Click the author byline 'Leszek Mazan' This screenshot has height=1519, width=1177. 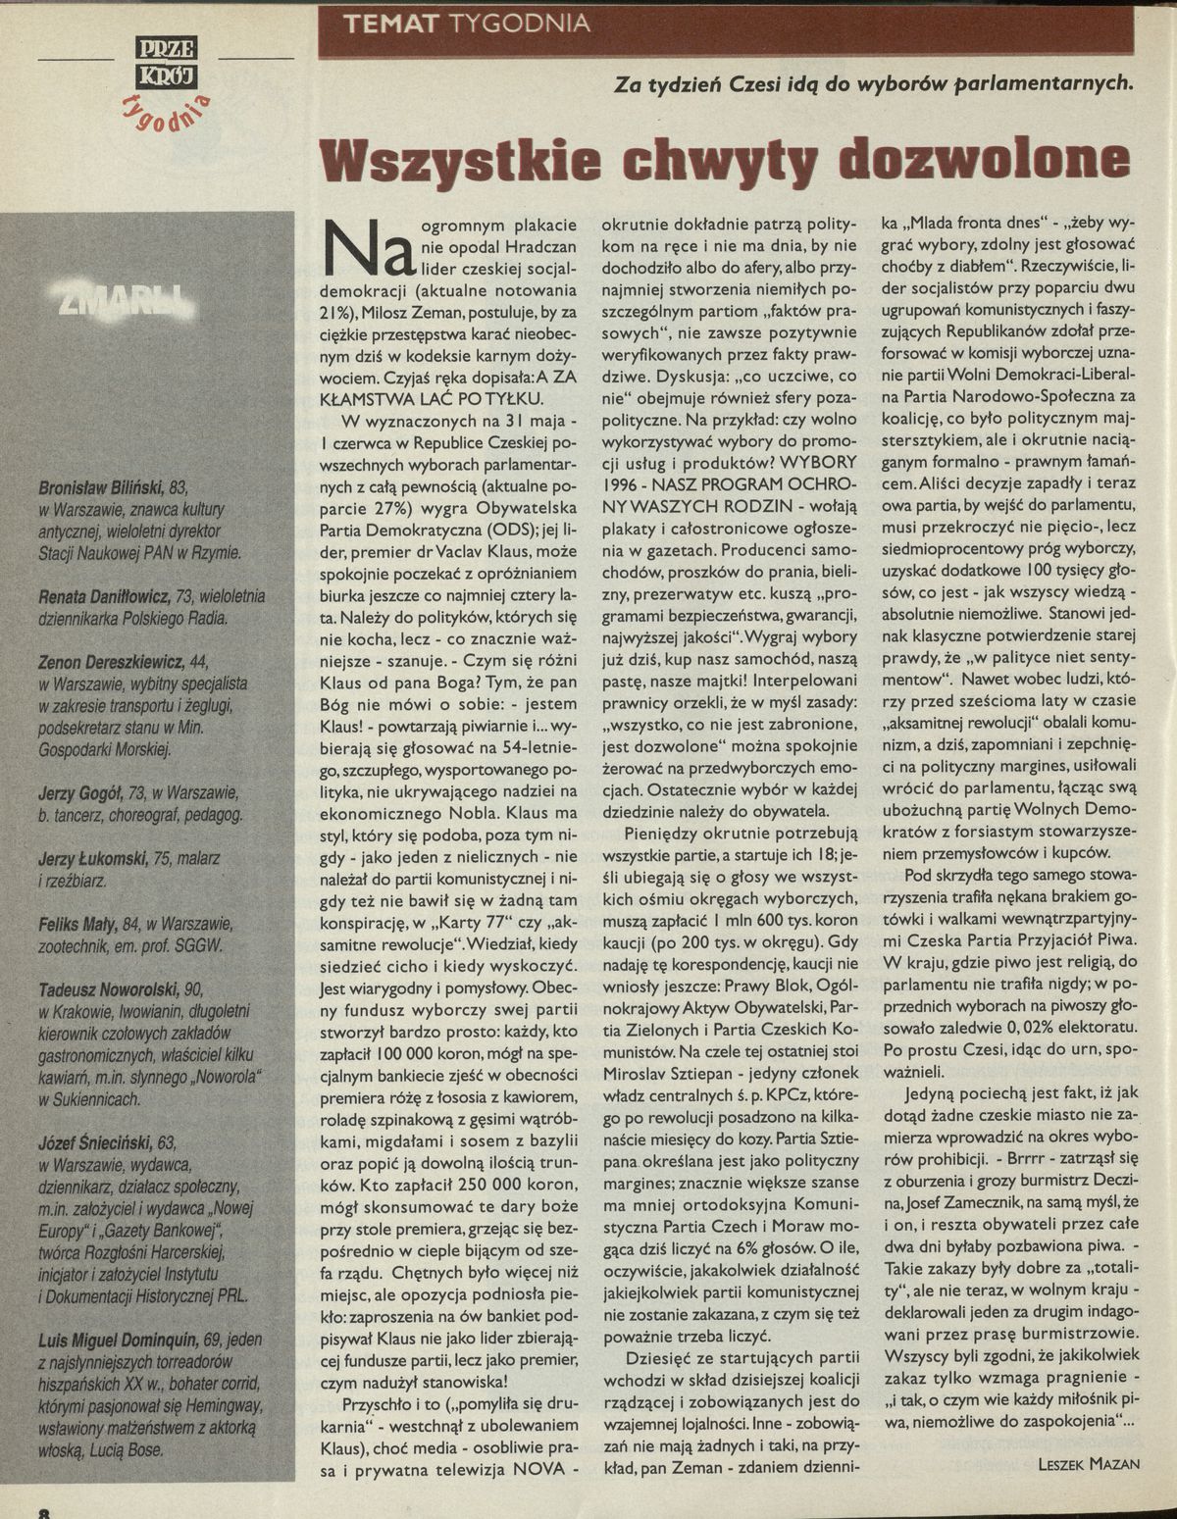pyautogui.click(x=1088, y=1464)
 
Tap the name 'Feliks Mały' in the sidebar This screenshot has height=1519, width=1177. pyautogui.click(x=77, y=923)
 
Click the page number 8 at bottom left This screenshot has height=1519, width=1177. pyautogui.click(x=43, y=1511)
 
